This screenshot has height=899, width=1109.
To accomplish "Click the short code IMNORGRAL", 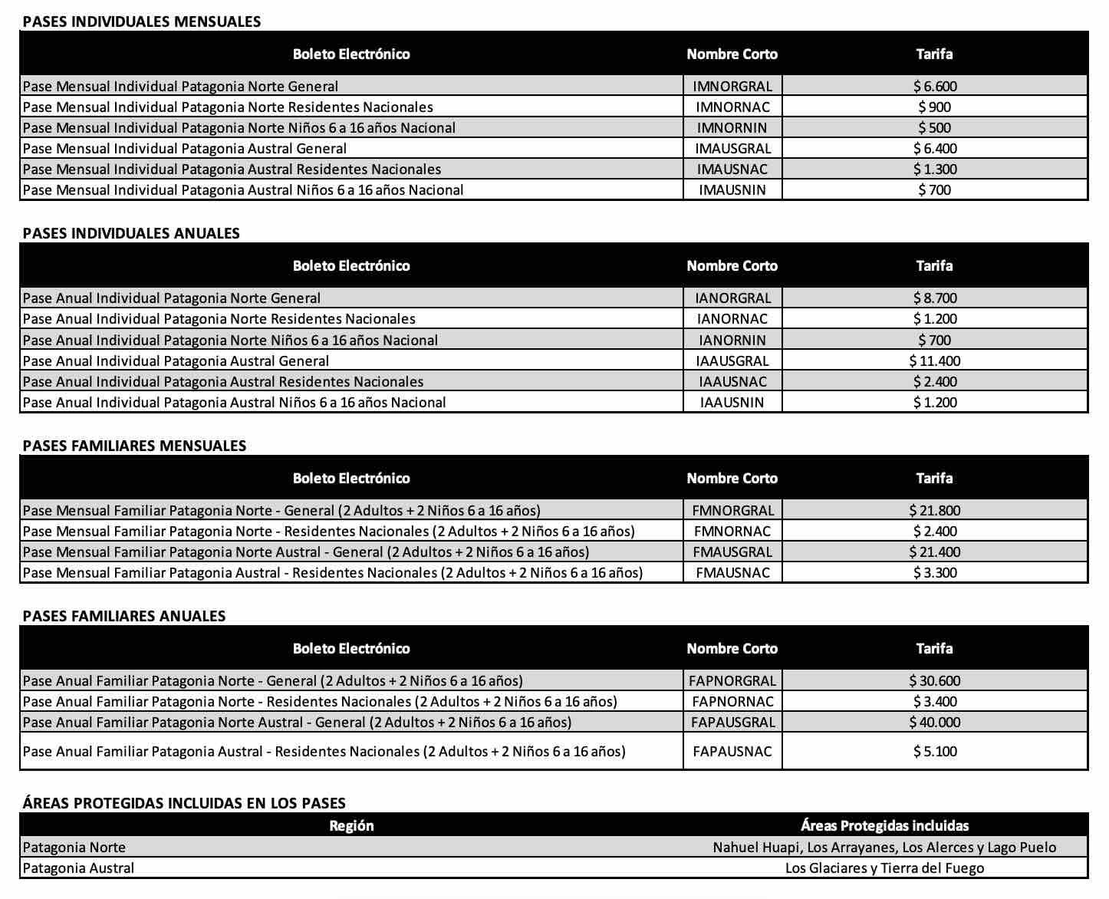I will [x=732, y=87].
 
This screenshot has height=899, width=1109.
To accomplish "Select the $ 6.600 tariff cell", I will [x=935, y=87].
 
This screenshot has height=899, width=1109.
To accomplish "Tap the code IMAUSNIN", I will [x=732, y=190].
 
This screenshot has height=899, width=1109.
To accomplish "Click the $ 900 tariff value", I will [x=935, y=107].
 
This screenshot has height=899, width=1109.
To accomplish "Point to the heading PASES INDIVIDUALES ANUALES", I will [x=131, y=233].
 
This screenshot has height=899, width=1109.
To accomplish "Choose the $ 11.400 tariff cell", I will [x=935, y=361].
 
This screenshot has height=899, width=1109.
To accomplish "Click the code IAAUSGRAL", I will [x=732, y=361].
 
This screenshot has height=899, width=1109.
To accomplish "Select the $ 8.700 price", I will [x=935, y=298].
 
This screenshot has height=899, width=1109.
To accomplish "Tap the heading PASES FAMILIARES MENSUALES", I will [x=134, y=446].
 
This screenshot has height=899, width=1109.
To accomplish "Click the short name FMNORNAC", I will [x=732, y=532].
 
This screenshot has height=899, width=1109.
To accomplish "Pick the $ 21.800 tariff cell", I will [x=935, y=511].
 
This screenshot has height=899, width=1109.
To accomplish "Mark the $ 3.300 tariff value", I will [x=935, y=573].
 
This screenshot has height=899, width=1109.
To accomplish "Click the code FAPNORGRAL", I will [x=732, y=681].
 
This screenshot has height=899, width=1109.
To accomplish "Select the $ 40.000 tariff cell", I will [x=935, y=723].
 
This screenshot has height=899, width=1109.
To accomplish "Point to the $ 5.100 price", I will [x=935, y=752].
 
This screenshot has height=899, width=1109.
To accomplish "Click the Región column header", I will [x=351, y=826].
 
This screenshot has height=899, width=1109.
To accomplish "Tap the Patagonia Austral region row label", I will [x=78, y=868].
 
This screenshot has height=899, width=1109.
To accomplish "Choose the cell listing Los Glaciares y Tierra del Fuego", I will [x=884, y=868].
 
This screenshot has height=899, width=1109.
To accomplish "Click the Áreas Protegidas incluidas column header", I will [x=884, y=826].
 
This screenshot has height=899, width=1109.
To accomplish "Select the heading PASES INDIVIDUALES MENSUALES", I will [x=142, y=21].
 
